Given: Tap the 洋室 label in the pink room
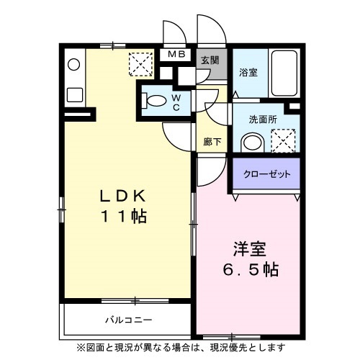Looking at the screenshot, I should point(248,251).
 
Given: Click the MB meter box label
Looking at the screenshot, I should point(176,55).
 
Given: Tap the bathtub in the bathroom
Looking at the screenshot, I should point(284,72).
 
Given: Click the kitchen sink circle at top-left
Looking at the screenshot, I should point(73,65).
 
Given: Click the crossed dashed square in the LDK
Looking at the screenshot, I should point(140,65).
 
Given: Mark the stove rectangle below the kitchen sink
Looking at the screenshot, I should point(73,94).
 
